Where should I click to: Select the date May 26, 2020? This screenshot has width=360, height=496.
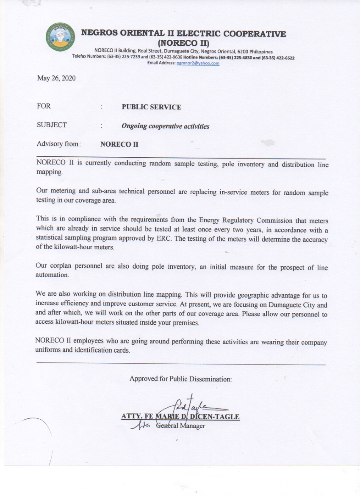tap(56, 78)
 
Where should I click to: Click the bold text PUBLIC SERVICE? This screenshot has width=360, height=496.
tap(151, 107)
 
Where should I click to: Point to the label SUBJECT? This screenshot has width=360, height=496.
tap(52, 125)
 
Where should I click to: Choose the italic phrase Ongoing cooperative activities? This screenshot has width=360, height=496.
tap(165, 126)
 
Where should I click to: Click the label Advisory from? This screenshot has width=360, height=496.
tap(59, 144)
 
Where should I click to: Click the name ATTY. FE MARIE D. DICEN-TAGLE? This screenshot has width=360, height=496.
tap(180, 417)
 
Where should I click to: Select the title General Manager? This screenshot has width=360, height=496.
tap(180, 426)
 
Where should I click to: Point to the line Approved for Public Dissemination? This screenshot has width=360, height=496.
tap(181, 379)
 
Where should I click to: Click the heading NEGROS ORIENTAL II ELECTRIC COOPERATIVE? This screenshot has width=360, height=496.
tap(183, 33)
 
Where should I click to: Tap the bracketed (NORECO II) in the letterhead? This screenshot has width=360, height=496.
tap(184, 43)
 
